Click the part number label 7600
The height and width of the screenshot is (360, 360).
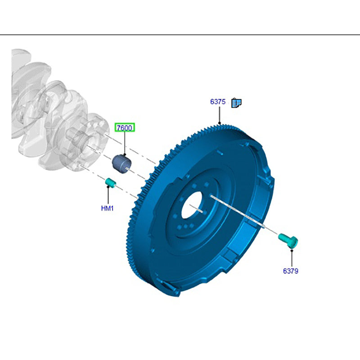[125, 128]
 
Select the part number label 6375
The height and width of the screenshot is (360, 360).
[218, 102]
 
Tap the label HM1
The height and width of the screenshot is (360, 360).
[107, 208]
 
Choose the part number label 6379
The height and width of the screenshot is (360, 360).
[290, 271]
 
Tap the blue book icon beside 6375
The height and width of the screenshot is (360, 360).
[236, 103]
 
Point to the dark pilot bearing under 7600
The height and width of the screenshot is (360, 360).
[121, 164]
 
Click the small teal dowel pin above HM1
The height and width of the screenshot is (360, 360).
[110, 183]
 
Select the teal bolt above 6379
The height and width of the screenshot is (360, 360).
[288, 240]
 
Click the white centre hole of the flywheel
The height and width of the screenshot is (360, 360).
[192, 205]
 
